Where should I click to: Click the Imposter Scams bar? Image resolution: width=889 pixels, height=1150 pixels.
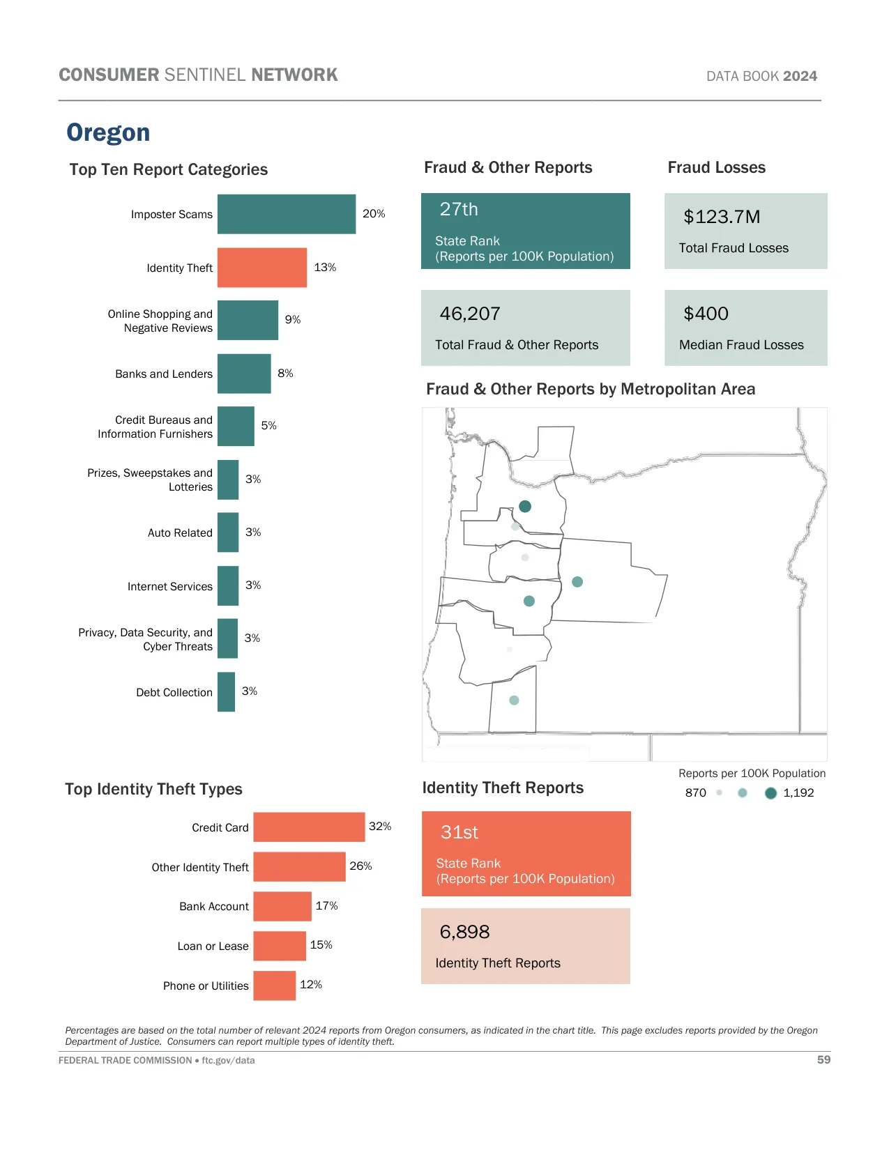286,214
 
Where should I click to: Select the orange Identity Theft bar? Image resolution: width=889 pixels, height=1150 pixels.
261,268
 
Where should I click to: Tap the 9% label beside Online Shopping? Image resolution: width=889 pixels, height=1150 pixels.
293,320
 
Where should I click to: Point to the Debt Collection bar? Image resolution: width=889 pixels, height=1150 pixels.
226,691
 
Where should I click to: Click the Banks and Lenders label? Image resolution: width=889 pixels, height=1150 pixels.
164,374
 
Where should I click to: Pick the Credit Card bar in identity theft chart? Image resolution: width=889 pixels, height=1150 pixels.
309,827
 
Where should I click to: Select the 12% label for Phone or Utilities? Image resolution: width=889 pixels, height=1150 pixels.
311,984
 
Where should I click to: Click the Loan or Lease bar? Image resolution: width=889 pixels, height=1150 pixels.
279,946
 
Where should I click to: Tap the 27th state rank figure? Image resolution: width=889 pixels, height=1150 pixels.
459,209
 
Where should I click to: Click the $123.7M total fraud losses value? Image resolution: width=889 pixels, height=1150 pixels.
722,217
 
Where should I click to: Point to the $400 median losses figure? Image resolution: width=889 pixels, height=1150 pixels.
706,314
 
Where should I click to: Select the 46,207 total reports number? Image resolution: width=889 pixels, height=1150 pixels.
470,314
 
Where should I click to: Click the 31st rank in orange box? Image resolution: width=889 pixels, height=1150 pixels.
459,832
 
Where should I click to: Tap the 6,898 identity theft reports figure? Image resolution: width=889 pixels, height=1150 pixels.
464,932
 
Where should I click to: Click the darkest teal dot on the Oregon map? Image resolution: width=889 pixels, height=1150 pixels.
525,507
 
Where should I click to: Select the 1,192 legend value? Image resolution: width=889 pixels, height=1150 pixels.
798,792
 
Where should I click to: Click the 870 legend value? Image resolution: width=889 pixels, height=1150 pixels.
695,792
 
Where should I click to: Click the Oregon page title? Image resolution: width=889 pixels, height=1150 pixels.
108,132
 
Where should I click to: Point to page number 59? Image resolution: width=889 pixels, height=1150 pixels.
823,1059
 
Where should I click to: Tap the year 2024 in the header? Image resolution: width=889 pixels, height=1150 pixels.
800,76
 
